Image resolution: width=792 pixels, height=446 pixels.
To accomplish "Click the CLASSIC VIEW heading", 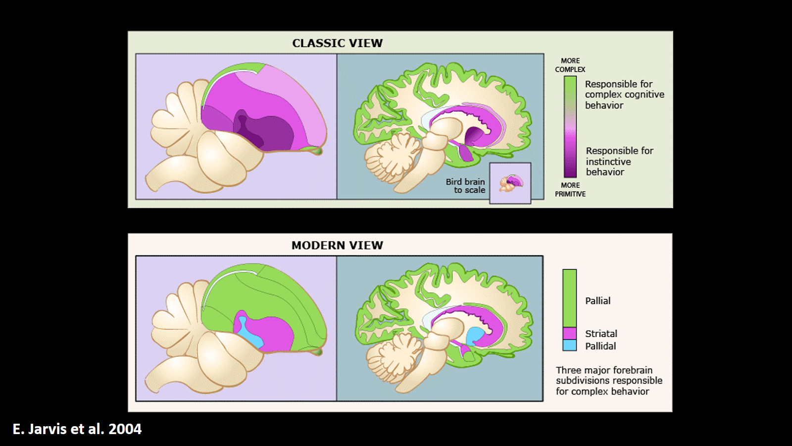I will [337, 43].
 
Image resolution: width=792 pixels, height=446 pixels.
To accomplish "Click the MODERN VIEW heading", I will [337, 245].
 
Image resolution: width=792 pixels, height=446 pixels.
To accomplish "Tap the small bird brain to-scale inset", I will [510, 183].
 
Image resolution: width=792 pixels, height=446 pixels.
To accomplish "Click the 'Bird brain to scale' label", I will [465, 186].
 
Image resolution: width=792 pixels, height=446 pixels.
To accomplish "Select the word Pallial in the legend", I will [597, 301].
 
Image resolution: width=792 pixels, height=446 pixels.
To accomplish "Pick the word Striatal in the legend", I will [601, 334].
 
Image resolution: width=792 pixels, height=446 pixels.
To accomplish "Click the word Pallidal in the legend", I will [600, 346].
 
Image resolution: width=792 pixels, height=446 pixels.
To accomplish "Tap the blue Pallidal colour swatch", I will [569, 345].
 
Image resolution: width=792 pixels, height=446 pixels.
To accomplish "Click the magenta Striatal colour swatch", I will [569, 333].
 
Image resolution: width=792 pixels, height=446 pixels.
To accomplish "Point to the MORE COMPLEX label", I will [570, 65].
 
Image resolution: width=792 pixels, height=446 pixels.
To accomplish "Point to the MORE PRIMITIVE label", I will [570, 189].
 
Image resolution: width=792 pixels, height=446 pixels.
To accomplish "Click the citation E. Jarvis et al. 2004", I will [77, 429].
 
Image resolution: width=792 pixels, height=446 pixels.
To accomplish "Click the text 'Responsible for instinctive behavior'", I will [619, 162].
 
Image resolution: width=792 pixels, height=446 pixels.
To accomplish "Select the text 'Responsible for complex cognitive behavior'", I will [624, 95].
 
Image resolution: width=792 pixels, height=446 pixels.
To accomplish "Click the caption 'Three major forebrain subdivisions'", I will [609, 381].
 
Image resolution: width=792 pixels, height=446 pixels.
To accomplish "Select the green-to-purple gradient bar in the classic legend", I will [570, 126].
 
